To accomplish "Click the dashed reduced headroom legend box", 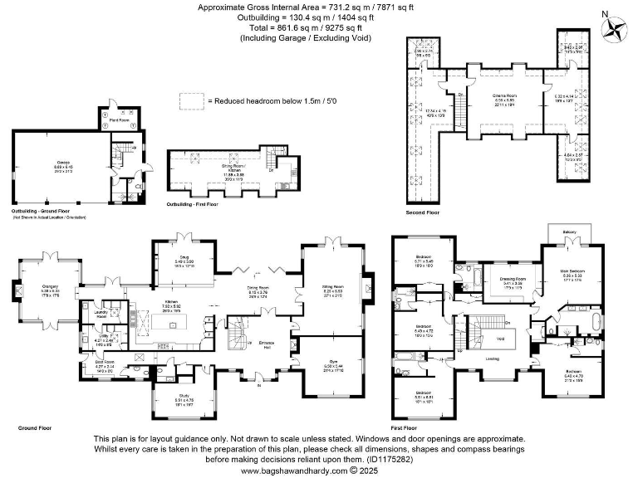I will click(x=192, y=100).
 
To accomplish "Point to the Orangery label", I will click(x=51, y=288).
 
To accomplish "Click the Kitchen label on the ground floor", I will click(x=172, y=301).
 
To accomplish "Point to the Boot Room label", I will click(x=104, y=362).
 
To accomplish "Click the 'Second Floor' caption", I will click(x=421, y=212).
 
